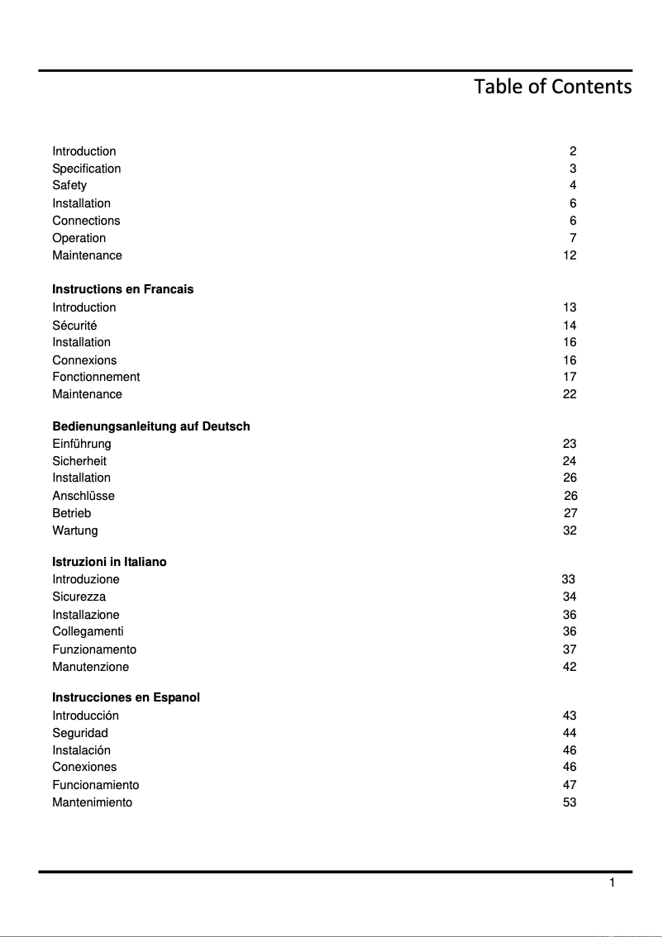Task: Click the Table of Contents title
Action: click(552, 87)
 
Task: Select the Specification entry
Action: click(86, 169)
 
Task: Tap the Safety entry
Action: click(69, 186)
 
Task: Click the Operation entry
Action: click(79, 238)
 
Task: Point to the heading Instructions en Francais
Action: click(122, 289)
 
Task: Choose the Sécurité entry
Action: click(74, 326)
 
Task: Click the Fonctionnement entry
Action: click(96, 377)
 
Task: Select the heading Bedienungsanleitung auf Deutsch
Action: click(150, 426)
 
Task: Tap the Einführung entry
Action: click(81, 444)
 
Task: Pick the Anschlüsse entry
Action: click(83, 496)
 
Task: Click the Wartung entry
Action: click(74, 530)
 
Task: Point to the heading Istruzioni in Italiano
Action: click(109, 562)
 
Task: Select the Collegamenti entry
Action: click(88, 631)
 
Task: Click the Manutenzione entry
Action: click(90, 667)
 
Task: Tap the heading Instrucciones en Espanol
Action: click(126, 697)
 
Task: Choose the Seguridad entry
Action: click(80, 733)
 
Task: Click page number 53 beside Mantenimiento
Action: click(570, 802)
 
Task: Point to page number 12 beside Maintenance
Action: click(570, 255)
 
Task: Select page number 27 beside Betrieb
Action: click(570, 513)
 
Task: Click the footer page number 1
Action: click(612, 883)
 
